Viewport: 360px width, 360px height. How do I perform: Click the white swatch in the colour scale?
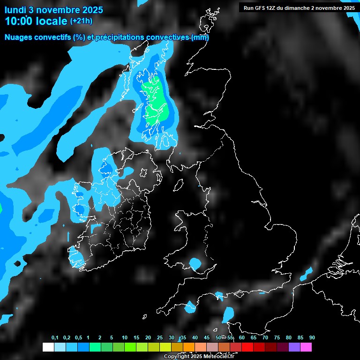(x=48, y=347)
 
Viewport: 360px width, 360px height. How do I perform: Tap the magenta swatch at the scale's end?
(x=306, y=347)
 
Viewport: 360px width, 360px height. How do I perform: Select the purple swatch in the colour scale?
(x=294, y=347)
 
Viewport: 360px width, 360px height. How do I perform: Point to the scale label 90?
(x=312, y=337)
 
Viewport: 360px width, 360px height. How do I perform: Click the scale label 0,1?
(x=55, y=337)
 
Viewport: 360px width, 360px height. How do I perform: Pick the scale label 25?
(x=160, y=337)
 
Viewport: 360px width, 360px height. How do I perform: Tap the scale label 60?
(x=242, y=337)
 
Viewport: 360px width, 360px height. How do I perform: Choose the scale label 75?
(x=277, y=337)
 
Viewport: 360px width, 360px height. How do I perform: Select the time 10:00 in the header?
(x=19, y=21)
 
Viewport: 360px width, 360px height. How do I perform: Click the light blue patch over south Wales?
(x=195, y=264)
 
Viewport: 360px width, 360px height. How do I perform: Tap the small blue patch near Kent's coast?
(x=307, y=272)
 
